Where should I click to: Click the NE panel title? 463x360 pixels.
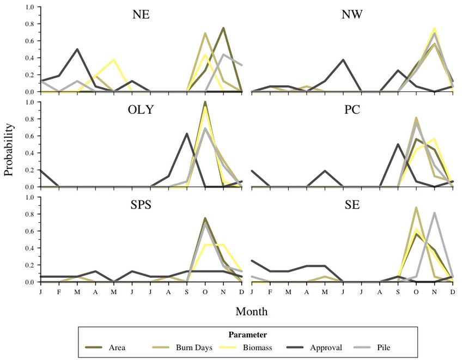(x=141, y=15)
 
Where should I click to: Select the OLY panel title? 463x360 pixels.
(x=141, y=110)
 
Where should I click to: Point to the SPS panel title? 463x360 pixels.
(x=141, y=205)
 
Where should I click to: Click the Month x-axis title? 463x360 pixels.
(x=251, y=312)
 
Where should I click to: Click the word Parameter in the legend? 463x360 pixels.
(x=248, y=334)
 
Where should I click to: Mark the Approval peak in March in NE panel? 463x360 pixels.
(x=77, y=49)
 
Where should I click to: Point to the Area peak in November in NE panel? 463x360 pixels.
(x=223, y=28)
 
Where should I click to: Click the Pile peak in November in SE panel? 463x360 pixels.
(x=434, y=213)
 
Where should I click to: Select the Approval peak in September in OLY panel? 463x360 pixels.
(x=187, y=133)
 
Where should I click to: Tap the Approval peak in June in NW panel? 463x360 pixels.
(x=343, y=60)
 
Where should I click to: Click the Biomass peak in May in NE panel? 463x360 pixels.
(x=113, y=59)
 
